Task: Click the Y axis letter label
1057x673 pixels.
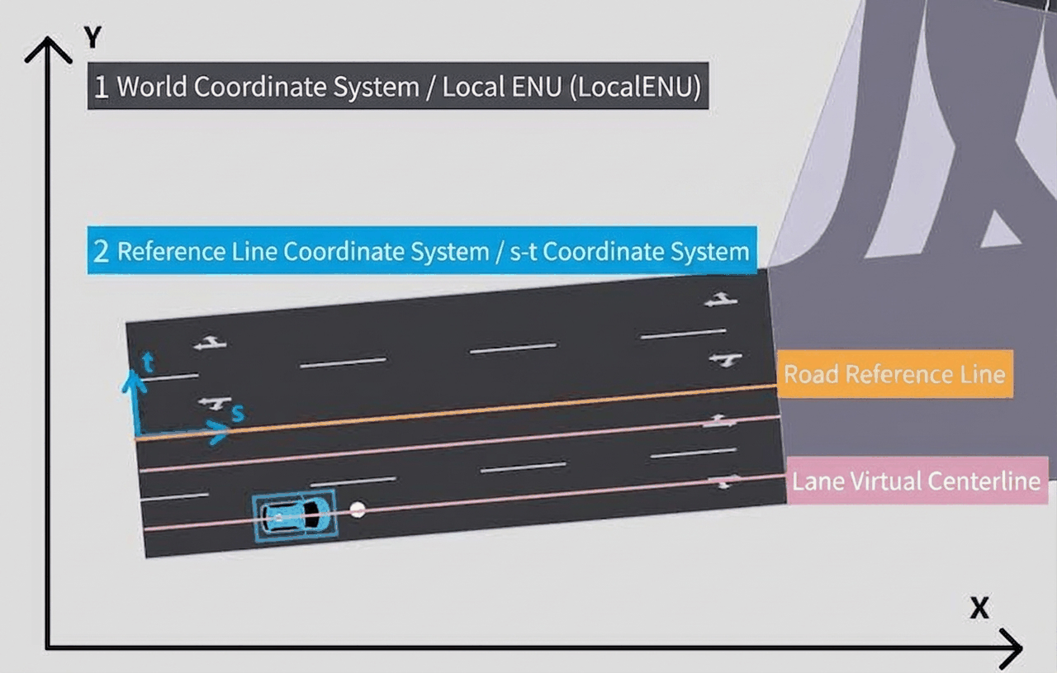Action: pyautogui.click(x=93, y=37)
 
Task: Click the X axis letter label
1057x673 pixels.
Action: pyautogui.click(x=979, y=608)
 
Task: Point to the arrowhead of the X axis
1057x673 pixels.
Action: pyautogui.click(x=1012, y=648)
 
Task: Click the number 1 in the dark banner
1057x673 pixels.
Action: pyautogui.click(x=101, y=87)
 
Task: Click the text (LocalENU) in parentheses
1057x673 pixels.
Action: pyautogui.click(x=636, y=88)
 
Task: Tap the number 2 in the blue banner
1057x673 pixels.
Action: pyautogui.click(x=101, y=251)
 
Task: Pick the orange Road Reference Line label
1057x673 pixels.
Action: pyautogui.click(x=894, y=374)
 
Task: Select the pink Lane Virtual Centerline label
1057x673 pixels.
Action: pyautogui.click(x=917, y=481)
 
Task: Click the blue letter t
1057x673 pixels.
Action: pyautogui.click(x=148, y=362)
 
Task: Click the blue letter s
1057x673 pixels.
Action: pyautogui.click(x=239, y=414)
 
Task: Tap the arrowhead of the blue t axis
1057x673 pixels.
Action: pyautogui.click(x=134, y=381)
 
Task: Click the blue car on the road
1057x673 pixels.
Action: pyautogui.click(x=296, y=515)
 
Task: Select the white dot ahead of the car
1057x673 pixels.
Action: pyautogui.click(x=358, y=510)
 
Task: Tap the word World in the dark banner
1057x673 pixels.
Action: pyautogui.click(x=152, y=87)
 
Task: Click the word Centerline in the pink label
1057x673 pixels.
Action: pyautogui.click(x=984, y=481)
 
